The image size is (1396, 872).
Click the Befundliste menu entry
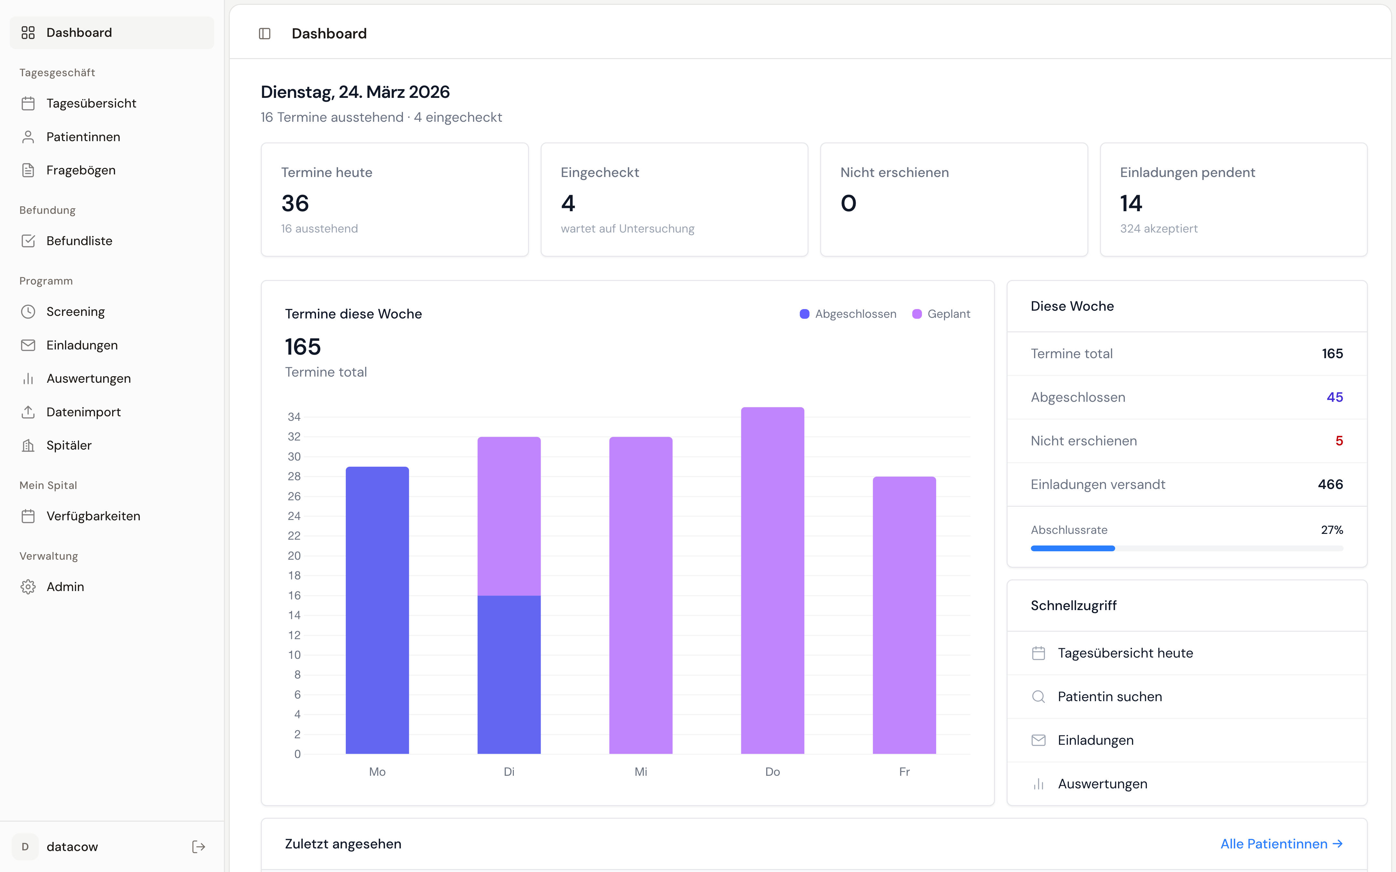pos(79,241)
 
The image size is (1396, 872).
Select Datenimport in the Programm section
pos(83,412)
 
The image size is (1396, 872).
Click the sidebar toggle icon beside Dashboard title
pos(265,34)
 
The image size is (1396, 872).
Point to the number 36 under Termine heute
pos(295,203)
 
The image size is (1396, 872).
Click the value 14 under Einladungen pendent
pos(1131,203)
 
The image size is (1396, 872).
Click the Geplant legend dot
pos(917,314)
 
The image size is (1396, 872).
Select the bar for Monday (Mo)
pos(377,610)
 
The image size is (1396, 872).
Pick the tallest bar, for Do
pos(772,580)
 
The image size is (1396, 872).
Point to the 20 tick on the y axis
pos(294,555)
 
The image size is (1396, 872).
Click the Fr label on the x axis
pos(904,772)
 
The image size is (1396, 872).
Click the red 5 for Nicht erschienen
pos(1339,441)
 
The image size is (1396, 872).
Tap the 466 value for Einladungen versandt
pos(1330,484)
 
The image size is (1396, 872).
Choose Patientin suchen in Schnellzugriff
pos(1109,697)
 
